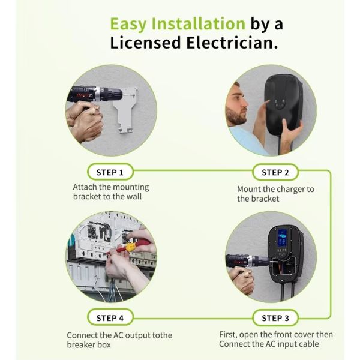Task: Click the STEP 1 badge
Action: click(110, 172)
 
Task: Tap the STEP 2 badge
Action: click(275, 172)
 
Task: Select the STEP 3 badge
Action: click(275, 318)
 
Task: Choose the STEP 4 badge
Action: click(110, 318)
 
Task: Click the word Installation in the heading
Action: click(199, 23)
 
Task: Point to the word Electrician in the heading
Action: click(232, 43)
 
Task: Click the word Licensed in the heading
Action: click(145, 43)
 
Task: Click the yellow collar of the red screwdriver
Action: click(130, 247)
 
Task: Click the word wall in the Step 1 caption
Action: click(133, 197)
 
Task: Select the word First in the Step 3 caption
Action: click(228, 335)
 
